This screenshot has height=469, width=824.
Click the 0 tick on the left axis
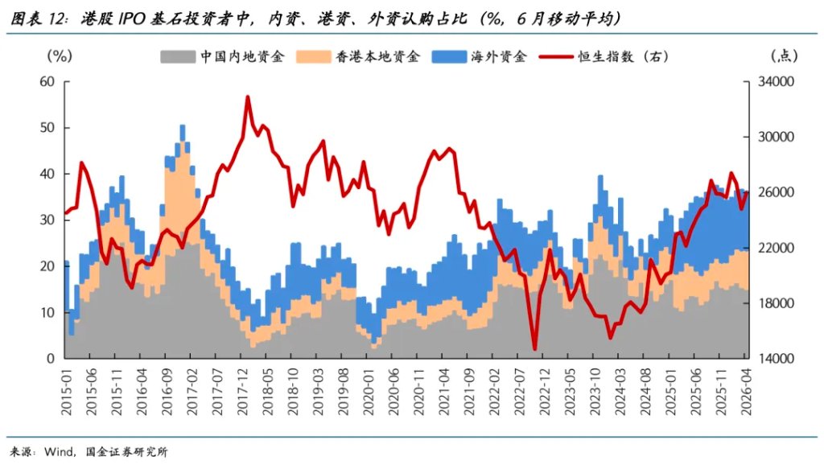pyautogui.click(x=50, y=358)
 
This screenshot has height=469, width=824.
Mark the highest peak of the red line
pyautogui.click(x=248, y=97)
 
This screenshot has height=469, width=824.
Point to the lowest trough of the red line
pyautogui.click(x=535, y=350)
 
